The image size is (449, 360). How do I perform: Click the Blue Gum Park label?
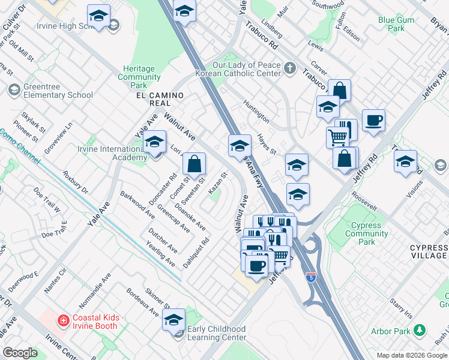tap(396, 24)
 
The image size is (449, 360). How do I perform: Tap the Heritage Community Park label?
tap(139, 77)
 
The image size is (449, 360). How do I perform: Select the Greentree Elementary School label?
tap(58, 91)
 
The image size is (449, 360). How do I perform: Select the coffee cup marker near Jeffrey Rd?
tap(373, 121)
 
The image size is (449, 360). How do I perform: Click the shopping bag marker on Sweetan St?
tap(194, 163)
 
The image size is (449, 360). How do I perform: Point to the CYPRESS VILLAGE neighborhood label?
tap(428, 251)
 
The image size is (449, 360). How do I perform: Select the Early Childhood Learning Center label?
tap(217, 333)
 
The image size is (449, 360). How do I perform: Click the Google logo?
tap(20, 353)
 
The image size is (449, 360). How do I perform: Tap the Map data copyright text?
tap(411, 355)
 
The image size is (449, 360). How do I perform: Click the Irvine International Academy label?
tap(108, 153)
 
